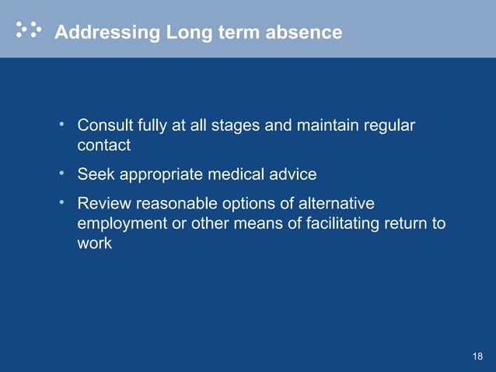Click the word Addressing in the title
point(107,33)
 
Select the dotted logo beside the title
point(30,30)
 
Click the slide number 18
point(477,356)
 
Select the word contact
point(104,145)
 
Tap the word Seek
point(95,174)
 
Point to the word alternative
point(336,204)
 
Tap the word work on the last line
point(95,243)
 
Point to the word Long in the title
point(183,33)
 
